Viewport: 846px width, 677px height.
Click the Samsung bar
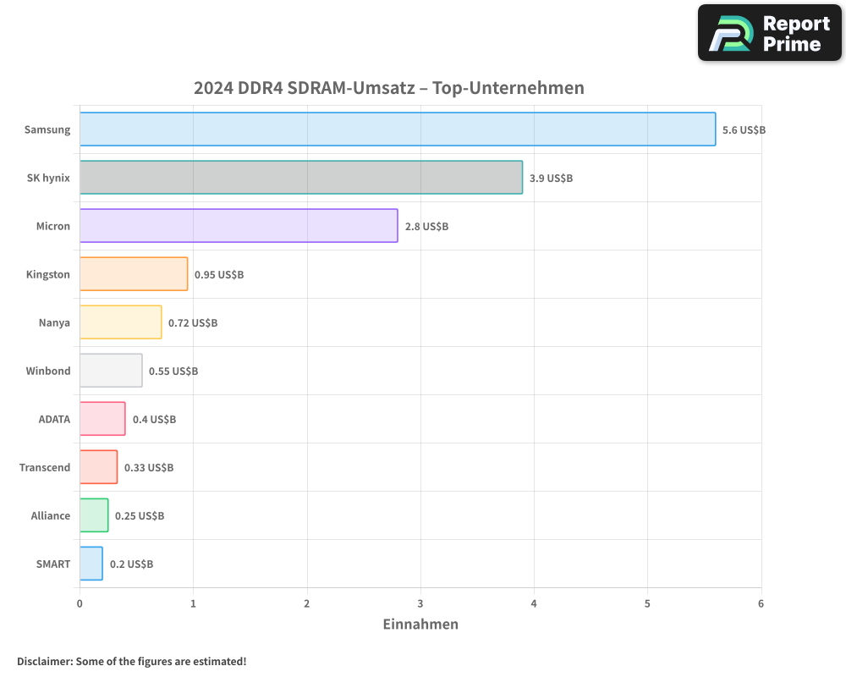coord(398,129)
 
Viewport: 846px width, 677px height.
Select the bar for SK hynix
coord(301,178)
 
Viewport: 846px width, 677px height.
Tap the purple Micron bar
coord(239,226)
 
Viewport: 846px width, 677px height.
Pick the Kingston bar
coord(134,274)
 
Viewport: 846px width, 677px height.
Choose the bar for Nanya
coord(121,322)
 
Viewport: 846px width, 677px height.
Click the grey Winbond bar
coord(111,371)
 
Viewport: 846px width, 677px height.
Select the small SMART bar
coord(91,564)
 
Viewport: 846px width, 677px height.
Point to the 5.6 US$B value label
coord(744,130)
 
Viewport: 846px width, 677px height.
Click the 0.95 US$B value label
coord(219,275)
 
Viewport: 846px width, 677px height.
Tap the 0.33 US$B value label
coord(149,468)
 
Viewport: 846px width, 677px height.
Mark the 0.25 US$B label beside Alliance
coord(140,516)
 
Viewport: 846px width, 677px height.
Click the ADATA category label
coord(54,419)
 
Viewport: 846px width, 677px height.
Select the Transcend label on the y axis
coord(45,467)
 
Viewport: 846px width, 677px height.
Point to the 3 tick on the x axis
coord(420,603)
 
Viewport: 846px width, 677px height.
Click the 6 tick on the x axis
coord(761,603)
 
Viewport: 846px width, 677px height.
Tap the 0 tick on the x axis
coord(80,603)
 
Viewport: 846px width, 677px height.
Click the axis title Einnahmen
coord(420,625)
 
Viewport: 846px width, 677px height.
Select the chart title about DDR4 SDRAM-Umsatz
coord(388,88)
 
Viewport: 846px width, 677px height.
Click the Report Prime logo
coord(770,33)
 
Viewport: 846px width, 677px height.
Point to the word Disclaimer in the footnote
coord(44,661)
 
